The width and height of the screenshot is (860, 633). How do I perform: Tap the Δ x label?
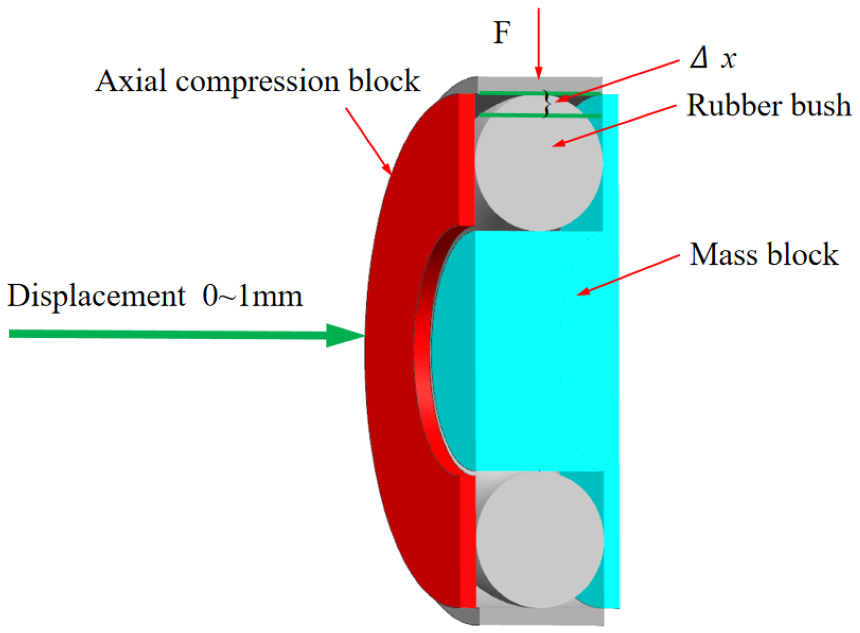point(713,58)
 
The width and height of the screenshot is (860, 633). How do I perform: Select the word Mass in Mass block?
point(723,254)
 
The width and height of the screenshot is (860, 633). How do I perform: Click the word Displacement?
point(96,296)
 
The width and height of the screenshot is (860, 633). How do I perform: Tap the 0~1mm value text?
point(252,296)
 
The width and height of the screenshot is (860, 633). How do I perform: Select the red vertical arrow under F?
point(539,44)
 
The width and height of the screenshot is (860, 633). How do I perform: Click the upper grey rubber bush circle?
point(538,165)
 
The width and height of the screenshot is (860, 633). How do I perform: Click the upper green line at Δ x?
point(517,93)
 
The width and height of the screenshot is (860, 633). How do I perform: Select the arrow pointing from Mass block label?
point(628,275)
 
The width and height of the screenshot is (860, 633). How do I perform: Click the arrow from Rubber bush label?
point(615,126)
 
